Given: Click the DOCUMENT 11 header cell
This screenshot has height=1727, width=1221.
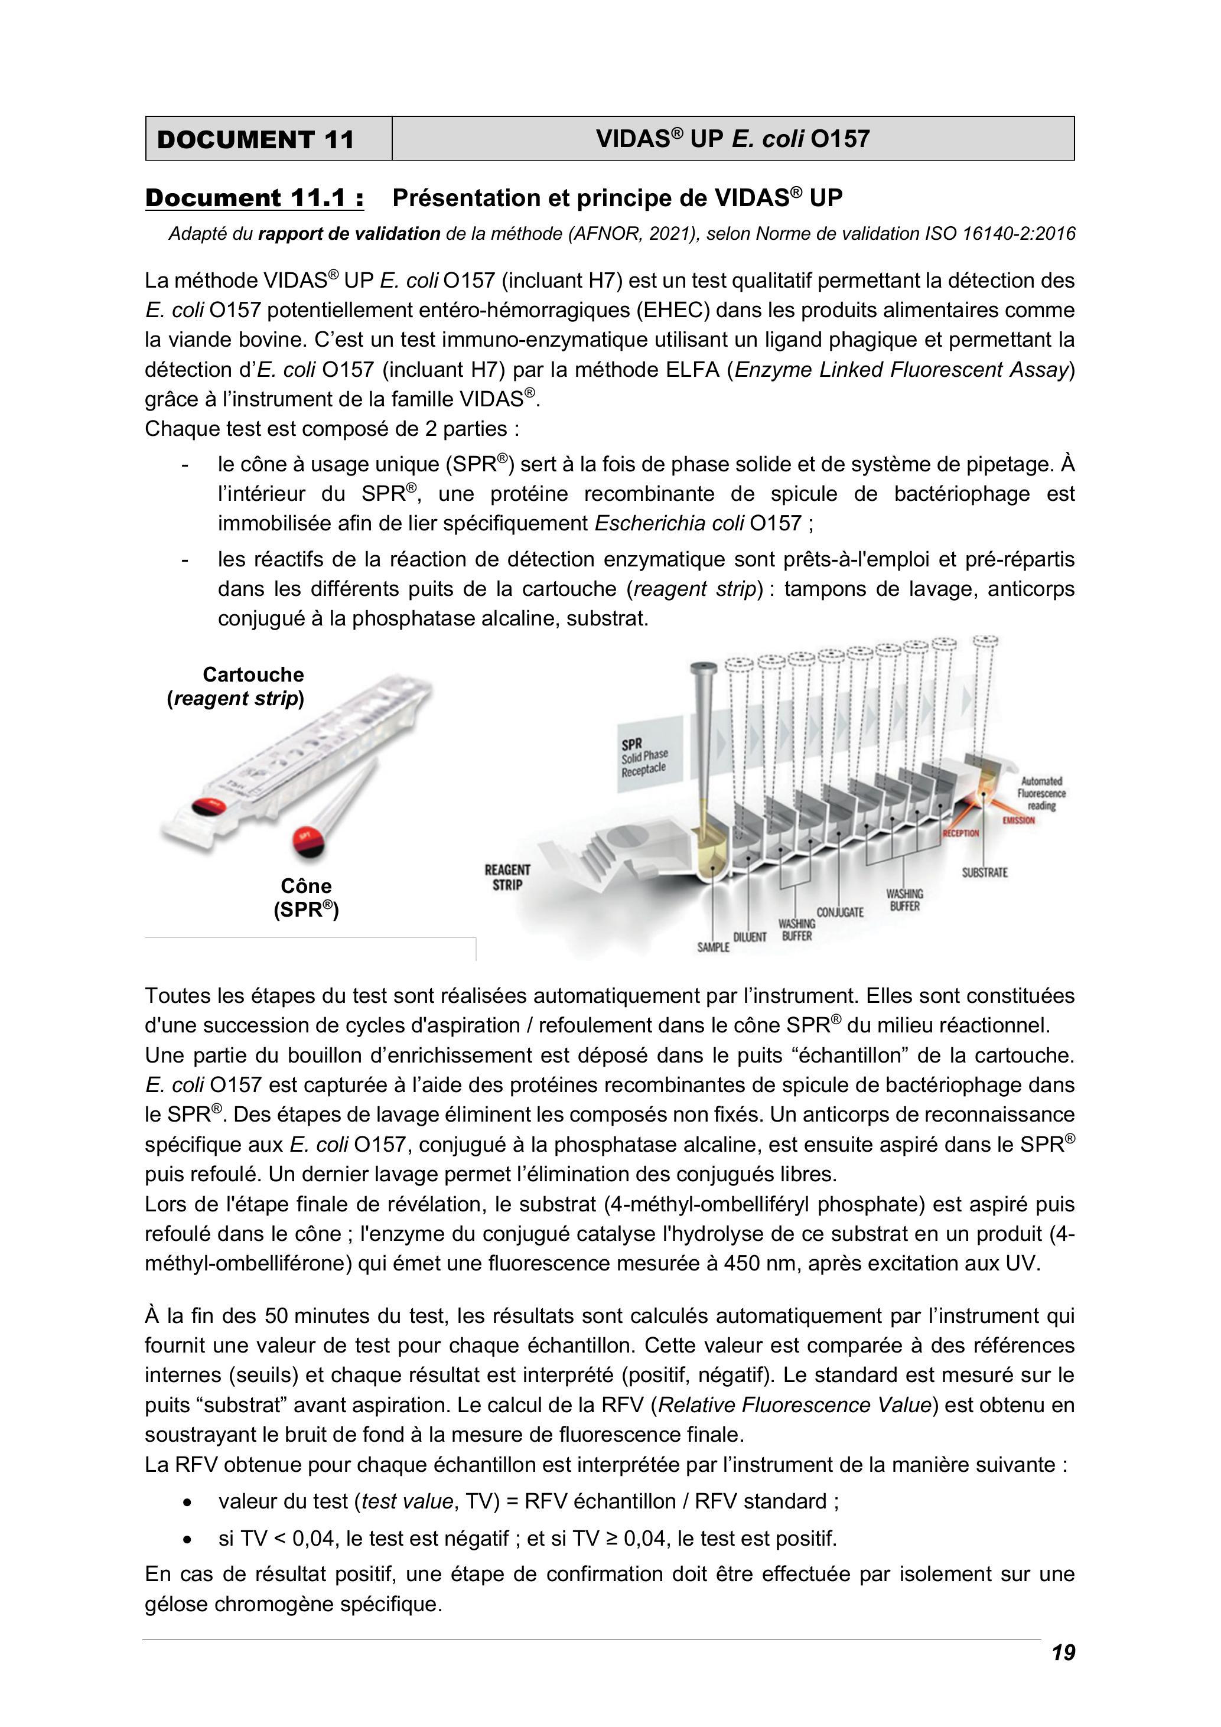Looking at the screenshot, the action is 269,138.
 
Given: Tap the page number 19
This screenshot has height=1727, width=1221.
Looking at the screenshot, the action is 1063,1653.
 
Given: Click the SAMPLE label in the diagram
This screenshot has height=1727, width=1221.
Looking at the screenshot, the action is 713,947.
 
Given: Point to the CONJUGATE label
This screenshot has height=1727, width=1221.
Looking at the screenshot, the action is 839,913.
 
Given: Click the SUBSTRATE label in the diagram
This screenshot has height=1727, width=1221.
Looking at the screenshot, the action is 985,872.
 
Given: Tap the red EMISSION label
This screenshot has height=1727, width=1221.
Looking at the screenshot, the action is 1018,820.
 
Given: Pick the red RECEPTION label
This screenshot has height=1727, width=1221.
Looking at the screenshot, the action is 960,833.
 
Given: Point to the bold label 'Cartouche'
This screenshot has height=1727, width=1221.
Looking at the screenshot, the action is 253,674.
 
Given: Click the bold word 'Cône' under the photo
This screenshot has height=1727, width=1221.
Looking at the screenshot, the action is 306,885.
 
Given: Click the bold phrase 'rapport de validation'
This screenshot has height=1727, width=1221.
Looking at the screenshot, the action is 349,234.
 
